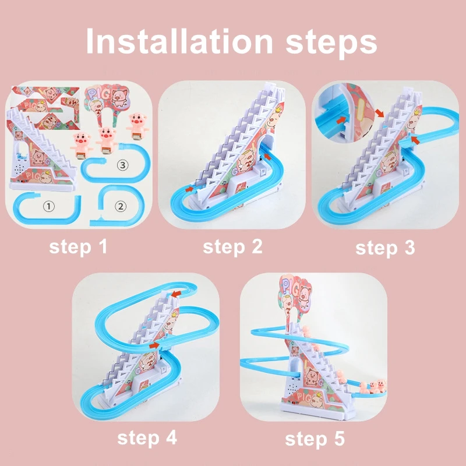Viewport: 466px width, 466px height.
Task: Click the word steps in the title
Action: coord(331,44)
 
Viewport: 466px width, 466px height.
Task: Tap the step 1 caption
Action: coord(78,247)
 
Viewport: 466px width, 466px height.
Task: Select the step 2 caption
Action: coord(232,247)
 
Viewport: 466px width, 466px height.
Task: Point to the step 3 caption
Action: coord(385,248)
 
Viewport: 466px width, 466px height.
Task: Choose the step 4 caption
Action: coord(147,439)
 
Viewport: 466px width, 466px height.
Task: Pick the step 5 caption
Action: coord(315,439)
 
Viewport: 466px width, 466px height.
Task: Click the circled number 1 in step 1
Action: coord(49,206)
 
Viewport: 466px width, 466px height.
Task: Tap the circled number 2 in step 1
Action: coord(121,206)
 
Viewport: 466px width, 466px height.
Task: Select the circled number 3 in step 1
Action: coord(123,165)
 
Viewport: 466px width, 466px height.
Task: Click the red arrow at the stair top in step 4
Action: coord(176,294)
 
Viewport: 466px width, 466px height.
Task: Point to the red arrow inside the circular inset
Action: coord(341,120)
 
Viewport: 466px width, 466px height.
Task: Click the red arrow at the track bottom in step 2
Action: coord(189,189)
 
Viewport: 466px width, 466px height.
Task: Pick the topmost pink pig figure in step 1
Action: coord(137,126)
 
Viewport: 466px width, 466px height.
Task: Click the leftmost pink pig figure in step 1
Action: coord(82,145)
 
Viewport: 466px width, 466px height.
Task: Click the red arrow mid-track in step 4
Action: coord(154,345)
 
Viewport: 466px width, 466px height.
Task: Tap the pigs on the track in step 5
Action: coord(373,387)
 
